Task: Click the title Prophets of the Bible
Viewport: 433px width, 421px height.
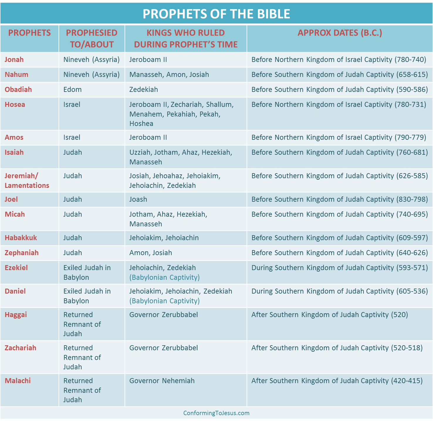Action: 216,14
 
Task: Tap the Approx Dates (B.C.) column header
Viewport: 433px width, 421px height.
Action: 340,33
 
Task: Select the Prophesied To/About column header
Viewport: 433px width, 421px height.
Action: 92,38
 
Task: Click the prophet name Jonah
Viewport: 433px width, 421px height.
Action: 14,60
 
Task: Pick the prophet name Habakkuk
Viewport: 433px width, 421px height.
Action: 21,238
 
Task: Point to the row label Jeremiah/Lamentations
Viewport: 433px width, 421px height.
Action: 27,181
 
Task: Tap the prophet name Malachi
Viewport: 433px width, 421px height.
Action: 18,381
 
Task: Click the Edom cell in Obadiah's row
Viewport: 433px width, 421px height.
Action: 72,90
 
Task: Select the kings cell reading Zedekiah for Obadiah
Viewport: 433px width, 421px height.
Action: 143,90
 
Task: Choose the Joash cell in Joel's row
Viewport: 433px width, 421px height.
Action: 138,199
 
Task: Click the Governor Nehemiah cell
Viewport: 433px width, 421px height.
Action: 162,381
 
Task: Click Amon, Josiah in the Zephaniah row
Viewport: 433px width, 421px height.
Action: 150,253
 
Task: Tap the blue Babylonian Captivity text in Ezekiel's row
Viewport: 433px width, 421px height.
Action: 164,277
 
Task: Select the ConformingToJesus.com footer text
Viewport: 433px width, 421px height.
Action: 216,413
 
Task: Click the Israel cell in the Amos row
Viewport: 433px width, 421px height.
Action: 72,137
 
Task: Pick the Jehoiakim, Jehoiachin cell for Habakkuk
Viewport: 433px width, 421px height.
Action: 164,238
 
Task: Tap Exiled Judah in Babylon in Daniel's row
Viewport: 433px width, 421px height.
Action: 87,296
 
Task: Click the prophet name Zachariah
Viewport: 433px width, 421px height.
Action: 21,348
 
